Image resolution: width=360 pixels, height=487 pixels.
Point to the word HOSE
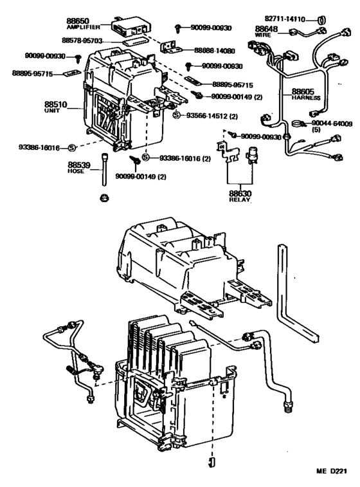76,172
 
